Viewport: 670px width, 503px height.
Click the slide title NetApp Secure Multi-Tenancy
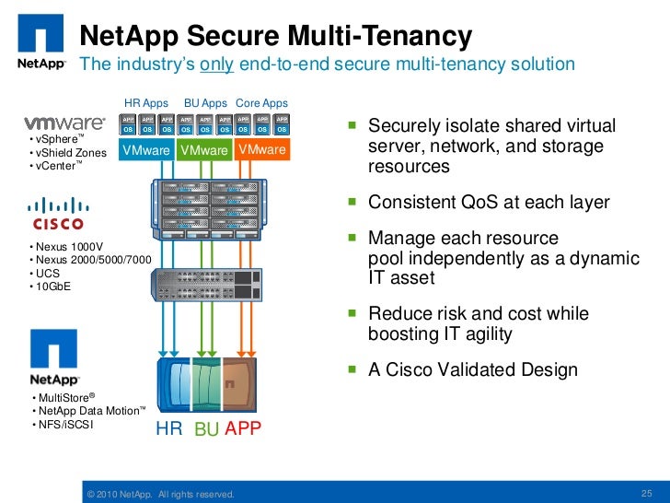pos(275,36)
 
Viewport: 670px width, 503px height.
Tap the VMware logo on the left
pos(65,122)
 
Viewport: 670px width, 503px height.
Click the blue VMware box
pos(146,150)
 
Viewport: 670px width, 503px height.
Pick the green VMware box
pos(204,150)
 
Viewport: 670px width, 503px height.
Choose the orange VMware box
pos(261,150)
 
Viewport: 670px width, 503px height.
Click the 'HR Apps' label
pos(146,103)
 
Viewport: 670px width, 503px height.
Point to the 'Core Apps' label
pos(261,103)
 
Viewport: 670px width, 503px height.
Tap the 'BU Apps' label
pos(205,103)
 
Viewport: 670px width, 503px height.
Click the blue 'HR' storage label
pos(169,428)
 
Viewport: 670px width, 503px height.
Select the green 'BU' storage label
pos(206,429)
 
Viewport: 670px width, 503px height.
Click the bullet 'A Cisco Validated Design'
pos(472,370)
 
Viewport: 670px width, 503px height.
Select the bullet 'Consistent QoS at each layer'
pos(488,203)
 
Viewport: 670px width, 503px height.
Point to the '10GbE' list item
pos(53,286)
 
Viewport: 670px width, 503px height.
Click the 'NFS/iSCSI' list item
pos(65,426)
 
